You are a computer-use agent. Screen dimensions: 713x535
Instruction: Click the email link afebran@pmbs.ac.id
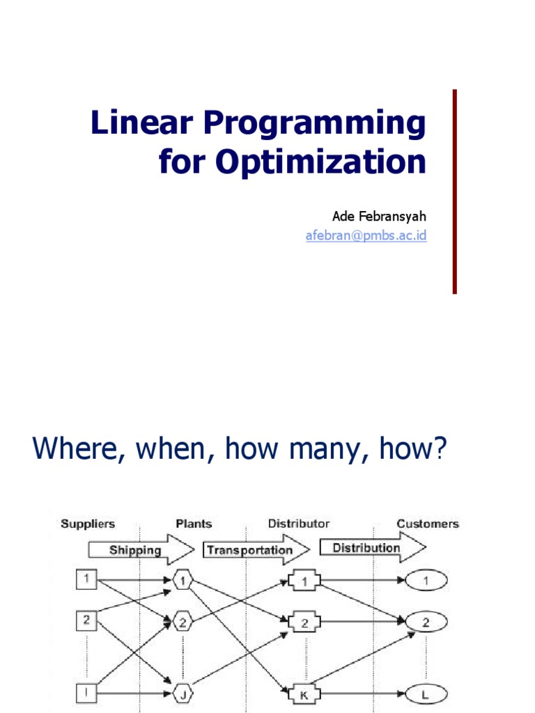pos(366,235)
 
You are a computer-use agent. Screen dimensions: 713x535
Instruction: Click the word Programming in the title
pos(313,124)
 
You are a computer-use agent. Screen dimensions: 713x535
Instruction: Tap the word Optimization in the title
pos(320,162)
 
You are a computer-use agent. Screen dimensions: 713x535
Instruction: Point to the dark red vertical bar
pos(455,191)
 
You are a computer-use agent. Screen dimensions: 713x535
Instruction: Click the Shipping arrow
pos(139,550)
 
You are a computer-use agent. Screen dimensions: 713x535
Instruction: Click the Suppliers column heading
pos(88,524)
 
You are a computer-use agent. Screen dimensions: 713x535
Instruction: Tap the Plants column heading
pos(194,524)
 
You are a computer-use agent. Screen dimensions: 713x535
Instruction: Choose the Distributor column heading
pos(299,524)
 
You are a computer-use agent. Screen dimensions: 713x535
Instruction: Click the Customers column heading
pos(428,524)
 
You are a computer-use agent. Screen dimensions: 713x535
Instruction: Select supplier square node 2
pos(86,620)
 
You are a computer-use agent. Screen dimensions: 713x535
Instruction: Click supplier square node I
pos(86,692)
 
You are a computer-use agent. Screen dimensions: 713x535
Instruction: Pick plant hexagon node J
pos(182,693)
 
